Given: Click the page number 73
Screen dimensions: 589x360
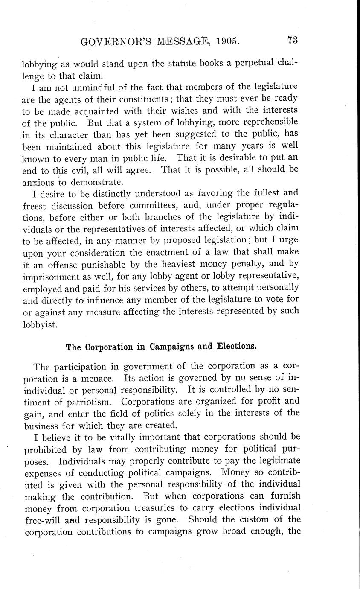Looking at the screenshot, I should point(292,41).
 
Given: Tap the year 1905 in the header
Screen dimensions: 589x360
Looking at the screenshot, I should point(228,41).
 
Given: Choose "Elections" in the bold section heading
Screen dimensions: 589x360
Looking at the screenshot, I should point(237,346).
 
